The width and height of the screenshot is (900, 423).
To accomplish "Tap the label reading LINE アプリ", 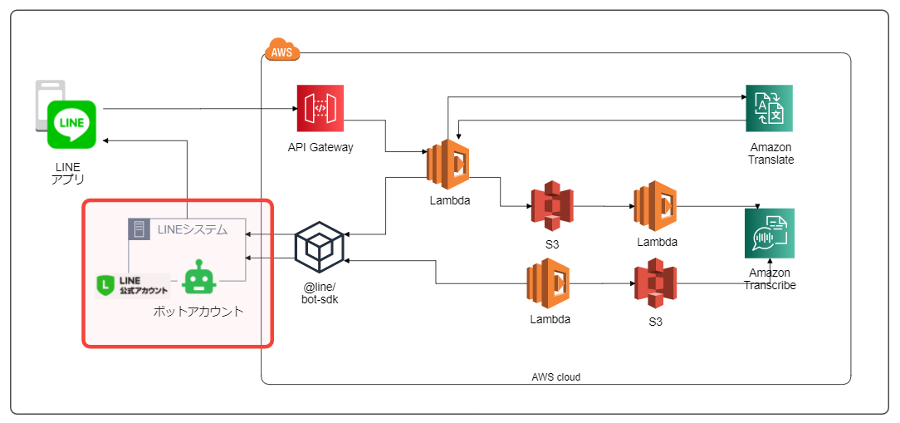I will [x=68, y=173].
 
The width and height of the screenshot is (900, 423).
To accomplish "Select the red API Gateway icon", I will [x=320, y=108].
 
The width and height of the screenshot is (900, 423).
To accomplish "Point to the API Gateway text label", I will [x=320, y=148].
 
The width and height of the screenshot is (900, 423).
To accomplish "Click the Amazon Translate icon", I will [x=769, y=108].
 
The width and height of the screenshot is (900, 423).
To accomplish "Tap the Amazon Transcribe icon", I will [x=770, y=234].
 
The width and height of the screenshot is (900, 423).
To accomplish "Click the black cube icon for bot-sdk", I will [x=320, y=247].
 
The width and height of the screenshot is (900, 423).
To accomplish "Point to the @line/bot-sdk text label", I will [x=320, y=293].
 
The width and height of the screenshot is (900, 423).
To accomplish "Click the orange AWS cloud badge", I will [x=281, y=52].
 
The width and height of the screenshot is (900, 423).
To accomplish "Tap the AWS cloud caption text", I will [x=555, y=376].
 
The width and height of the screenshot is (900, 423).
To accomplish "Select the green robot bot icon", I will [x=199, y=278].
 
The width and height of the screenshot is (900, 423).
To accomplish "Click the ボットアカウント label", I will [x=198, y=312].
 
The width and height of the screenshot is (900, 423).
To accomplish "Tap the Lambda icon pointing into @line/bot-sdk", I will [x=548, y=284].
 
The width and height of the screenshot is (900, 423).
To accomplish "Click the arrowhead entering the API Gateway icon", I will [x=294, y=109].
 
